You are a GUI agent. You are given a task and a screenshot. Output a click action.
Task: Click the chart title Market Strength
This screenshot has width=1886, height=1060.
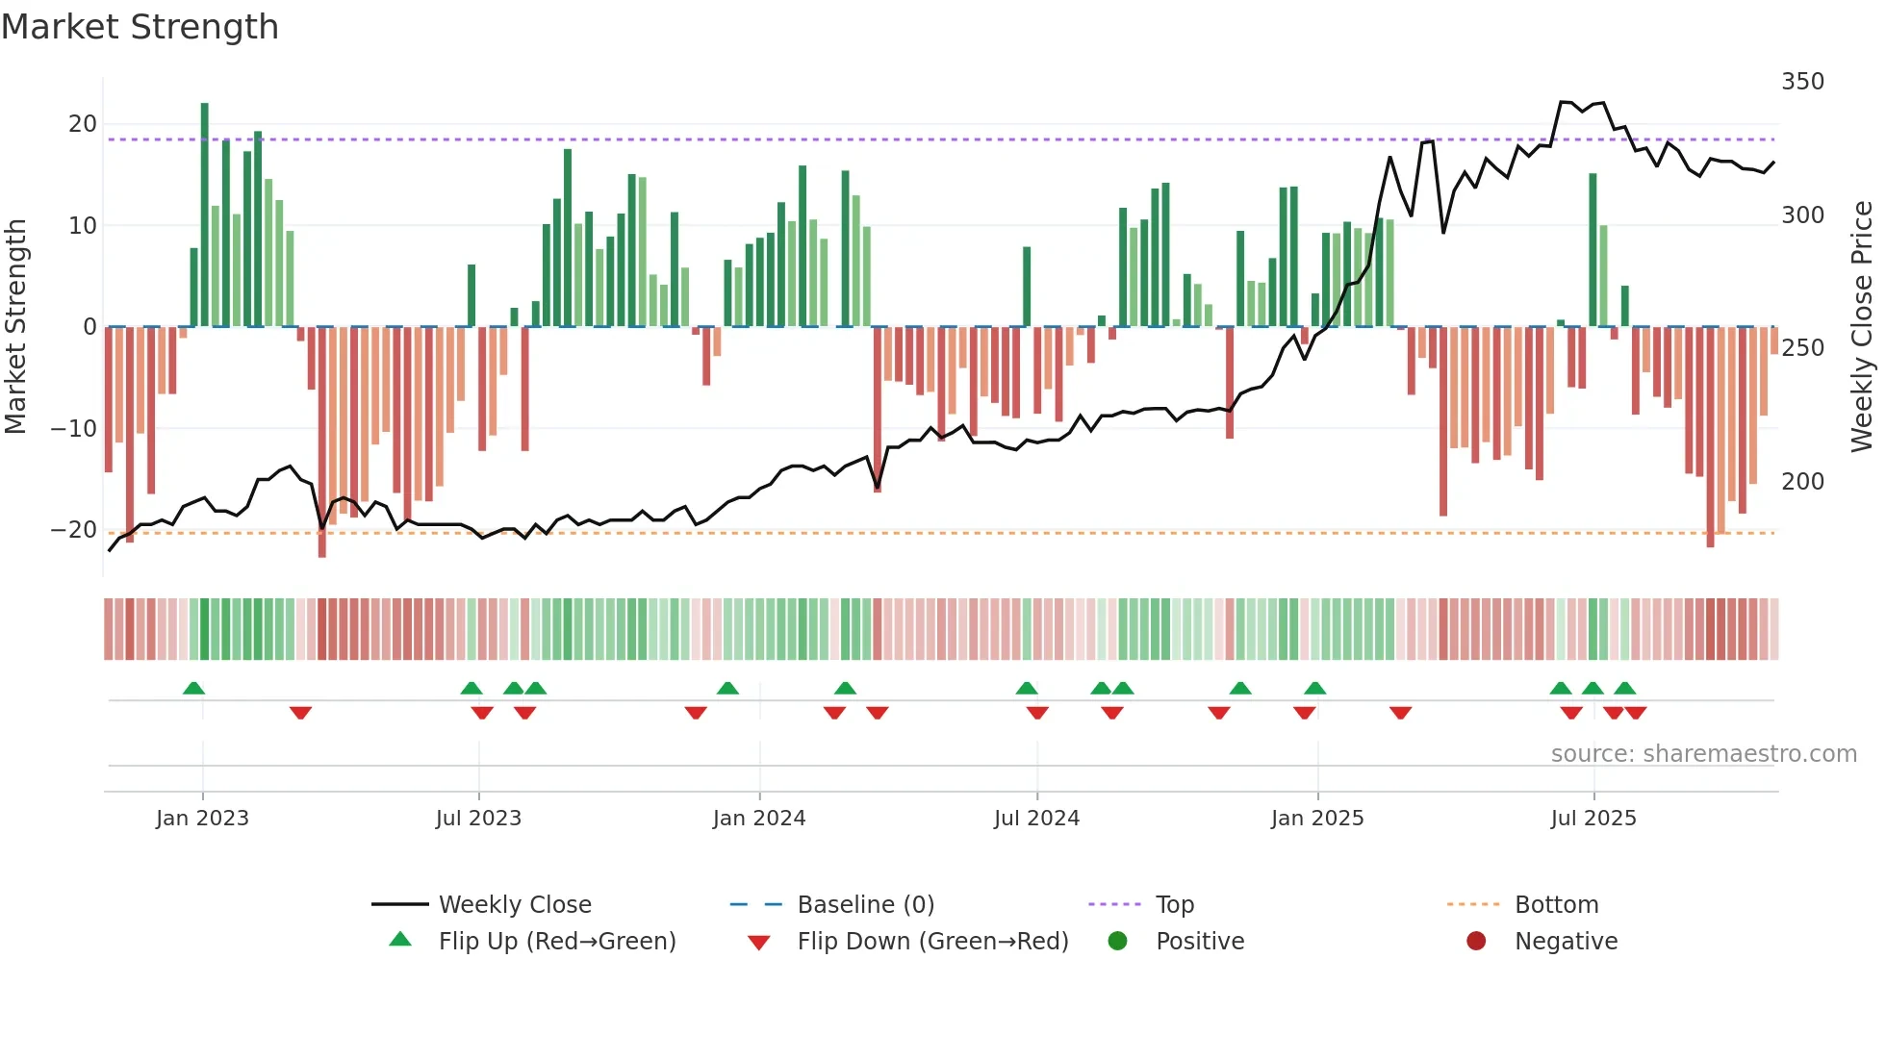click(x=140, y=27)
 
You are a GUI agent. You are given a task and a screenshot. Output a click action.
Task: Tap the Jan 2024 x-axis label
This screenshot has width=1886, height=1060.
click(x=758, y=819)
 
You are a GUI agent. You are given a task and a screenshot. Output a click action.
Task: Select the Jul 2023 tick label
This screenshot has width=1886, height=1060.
click(x=478, y=819)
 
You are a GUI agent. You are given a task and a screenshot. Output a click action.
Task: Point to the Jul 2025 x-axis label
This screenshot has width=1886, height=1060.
click(x=1593, y=819)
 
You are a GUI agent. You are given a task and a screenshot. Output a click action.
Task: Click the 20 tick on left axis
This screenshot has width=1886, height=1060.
click(x=83, y=124)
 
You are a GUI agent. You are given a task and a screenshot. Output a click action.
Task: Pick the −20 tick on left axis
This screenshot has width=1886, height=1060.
click(x=74, y=530)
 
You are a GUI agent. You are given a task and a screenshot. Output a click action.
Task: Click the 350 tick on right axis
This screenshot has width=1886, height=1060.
click(x=1802, y=82)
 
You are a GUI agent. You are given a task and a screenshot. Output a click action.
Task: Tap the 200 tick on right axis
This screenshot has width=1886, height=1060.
click(x=1802, y=482)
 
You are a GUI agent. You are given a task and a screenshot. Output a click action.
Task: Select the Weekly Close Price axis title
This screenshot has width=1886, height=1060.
click(x=1863, y=327)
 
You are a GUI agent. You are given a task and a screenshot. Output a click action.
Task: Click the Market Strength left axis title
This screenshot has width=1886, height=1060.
click(x=16, y=327)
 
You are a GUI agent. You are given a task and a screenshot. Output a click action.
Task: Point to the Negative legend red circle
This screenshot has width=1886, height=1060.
click(x=1476, y=942)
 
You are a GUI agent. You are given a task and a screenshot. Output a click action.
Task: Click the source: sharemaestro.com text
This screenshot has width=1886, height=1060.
click(x=1703, y=754)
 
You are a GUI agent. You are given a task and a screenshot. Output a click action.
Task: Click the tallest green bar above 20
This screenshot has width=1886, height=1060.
click(x=205, y=212)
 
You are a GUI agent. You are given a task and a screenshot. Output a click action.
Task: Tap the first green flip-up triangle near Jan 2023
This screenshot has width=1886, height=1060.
click(x=193, y=689)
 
